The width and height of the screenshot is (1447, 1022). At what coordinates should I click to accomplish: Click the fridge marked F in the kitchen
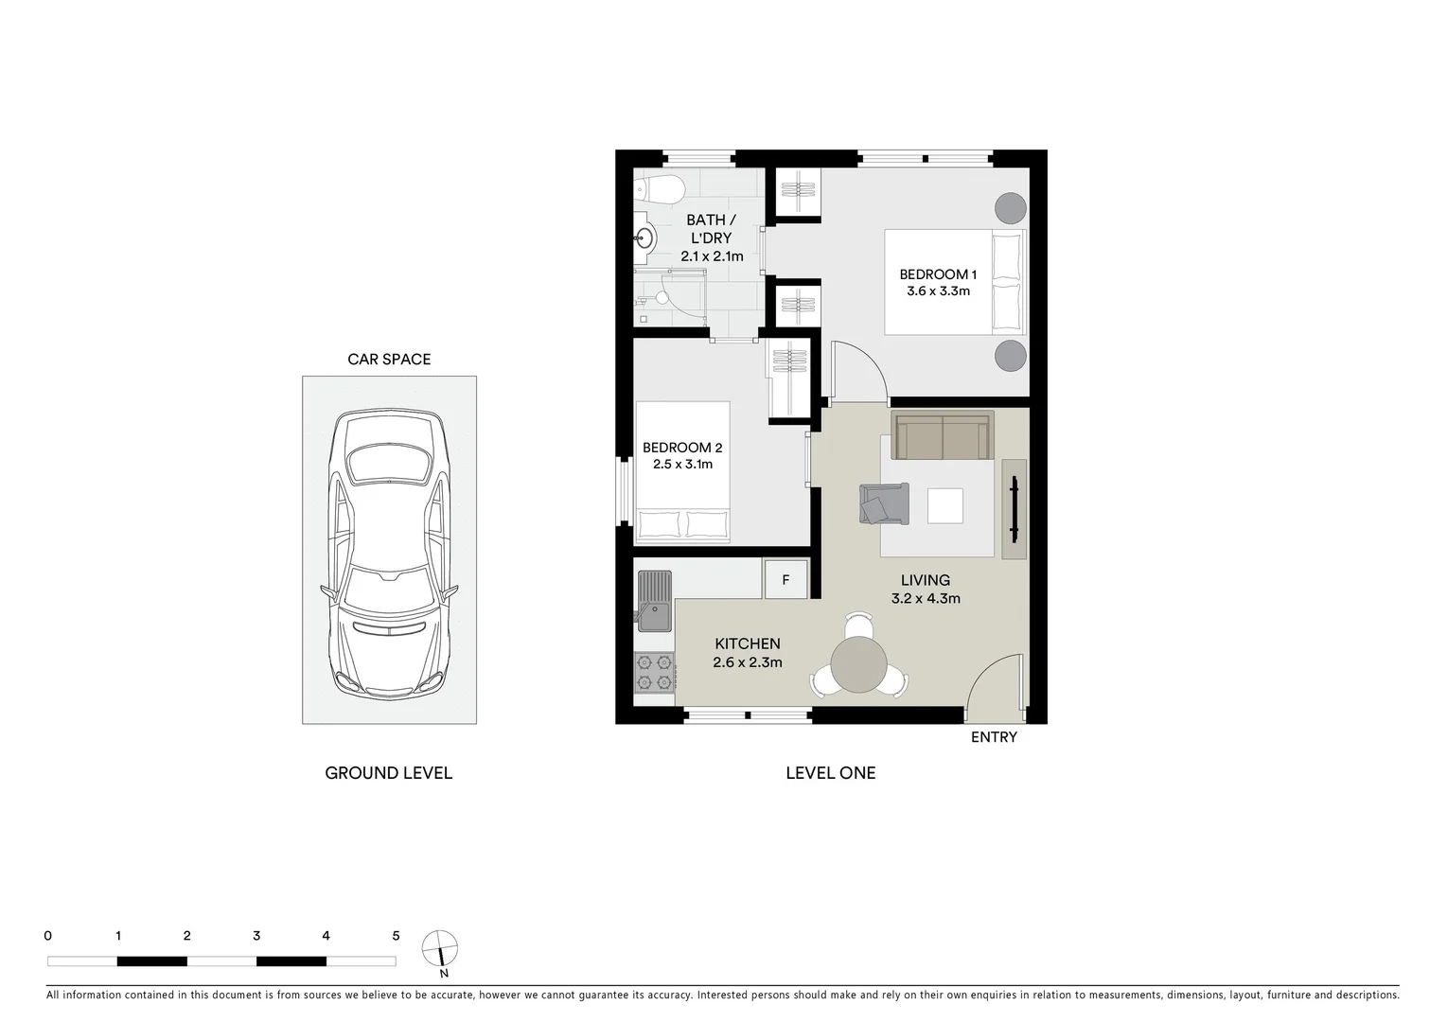pyautogui.click(x=785, y=579)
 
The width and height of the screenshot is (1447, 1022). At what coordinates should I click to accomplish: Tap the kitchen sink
pyautogui.click(x=653, y=602)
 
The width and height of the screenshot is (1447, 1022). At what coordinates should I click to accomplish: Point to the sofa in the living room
pyautogui.click(x=943, y=436)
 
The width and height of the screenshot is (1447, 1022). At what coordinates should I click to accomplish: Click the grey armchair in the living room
pyautogui.click(x=884, y=503)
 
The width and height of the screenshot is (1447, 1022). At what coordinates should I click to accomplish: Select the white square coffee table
pyautogui.click(x=944, y=505)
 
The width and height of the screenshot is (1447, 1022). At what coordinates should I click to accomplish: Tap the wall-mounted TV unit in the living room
pyautogui.click(x=1014, y=509)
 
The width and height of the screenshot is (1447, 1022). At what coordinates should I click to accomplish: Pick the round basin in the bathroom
pyautogui.click(x=645, y=238)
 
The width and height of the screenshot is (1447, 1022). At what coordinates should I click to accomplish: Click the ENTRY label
pyautogui.click(x=994, y=737)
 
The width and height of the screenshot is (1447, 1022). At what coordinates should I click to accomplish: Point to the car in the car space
pyautogui.click(x=389, y=554)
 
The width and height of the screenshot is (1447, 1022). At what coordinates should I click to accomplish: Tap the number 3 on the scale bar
pyautogui.click(x=256, y=936)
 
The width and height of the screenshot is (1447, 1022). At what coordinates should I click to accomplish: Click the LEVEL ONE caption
pyautogui.click(x=830, y=773)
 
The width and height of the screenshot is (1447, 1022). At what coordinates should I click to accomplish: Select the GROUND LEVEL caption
pyautogui.click(x=388, y=773)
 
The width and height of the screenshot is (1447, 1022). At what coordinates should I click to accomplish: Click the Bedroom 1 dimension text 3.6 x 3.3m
pyautogui.click(x=938, y=291)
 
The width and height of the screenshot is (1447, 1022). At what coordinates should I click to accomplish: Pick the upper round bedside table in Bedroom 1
pyautogui.click(x=1010, y=208)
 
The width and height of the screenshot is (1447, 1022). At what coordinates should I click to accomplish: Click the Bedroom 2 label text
pyautogui.click(x=681, y=448)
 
